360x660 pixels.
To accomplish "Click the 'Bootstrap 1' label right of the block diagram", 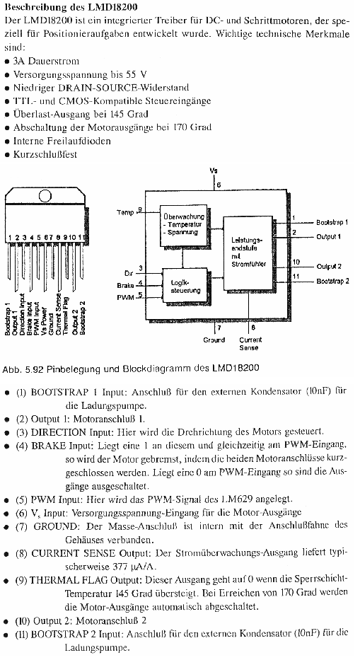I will (332, 222).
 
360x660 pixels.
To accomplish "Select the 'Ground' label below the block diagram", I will (214, 340).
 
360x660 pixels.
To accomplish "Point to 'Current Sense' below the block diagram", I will (249, 344).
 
